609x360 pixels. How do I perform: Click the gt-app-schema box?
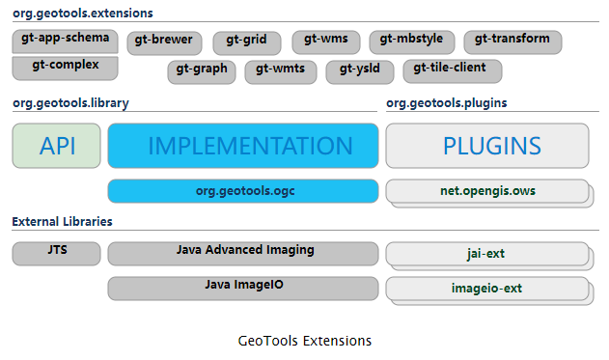65,42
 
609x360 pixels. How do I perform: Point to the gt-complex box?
65,68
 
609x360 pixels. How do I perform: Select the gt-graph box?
203,70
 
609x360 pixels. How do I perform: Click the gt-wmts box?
282,70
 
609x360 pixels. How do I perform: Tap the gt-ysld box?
359,70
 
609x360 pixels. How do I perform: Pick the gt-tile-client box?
451,70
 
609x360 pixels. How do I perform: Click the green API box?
56,146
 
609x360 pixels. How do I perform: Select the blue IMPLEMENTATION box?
242,146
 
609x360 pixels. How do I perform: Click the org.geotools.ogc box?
242,191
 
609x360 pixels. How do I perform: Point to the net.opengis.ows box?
486,192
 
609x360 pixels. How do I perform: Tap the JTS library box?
56,253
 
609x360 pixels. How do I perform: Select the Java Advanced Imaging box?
242,253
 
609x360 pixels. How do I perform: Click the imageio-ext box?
486,289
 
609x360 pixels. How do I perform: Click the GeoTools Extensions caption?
304,341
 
